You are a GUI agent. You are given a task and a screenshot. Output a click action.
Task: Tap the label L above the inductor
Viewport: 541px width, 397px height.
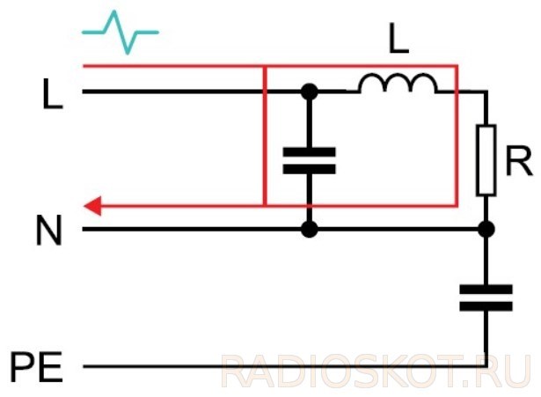(x=398, y=39)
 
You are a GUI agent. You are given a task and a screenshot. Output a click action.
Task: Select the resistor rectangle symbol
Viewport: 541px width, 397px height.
(x=486, y=160)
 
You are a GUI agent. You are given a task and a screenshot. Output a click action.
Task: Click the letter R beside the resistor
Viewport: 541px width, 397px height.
(x=518, y=160)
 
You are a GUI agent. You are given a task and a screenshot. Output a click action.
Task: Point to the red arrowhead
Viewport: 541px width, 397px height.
(x=92, y=206)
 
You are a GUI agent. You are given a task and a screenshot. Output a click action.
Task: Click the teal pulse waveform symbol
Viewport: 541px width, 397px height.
(x=121, y=33)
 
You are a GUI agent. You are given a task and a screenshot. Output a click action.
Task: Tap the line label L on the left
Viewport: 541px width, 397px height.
(x=53, y=93)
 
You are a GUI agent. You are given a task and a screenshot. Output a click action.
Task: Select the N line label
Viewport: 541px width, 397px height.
(x=49, y=230)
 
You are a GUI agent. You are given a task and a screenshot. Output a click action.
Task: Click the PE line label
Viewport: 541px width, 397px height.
(x=37, y=366)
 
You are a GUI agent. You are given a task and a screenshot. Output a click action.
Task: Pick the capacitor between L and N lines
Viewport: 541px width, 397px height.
(x=309, y=160)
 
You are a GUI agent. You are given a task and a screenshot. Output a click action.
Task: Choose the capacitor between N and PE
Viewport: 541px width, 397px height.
(x=486, y=298)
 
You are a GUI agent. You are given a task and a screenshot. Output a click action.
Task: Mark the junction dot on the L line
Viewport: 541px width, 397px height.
(x=310, y=92)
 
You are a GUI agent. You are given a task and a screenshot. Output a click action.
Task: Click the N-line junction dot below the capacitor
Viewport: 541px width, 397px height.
(x=310, y=229)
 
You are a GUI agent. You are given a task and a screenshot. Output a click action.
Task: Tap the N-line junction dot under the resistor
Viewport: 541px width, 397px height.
(x=486, y=229)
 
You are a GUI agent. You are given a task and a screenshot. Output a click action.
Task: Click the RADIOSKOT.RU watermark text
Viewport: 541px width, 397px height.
(x=376, y=371)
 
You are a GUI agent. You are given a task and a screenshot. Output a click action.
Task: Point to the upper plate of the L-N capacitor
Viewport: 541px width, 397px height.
(x=309, y=152)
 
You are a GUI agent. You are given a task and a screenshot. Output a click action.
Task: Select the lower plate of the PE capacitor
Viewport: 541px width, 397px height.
(x=486, y=306)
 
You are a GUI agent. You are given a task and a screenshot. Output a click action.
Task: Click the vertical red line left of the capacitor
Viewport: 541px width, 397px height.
(x=265, y=136)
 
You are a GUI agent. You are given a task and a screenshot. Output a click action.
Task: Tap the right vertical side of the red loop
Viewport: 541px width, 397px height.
(x=457, y=136)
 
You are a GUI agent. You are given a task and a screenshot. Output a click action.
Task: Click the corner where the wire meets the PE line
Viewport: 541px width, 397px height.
(x=486, y=366)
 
